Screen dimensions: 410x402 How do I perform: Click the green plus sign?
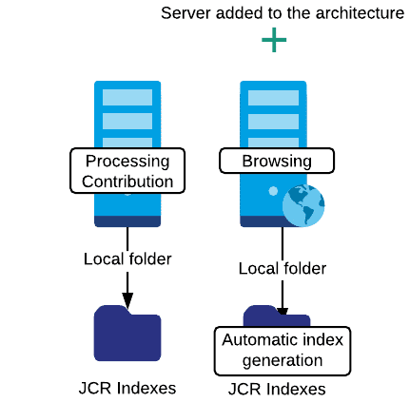click(274, 40)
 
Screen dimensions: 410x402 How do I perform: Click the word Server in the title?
click(185, 13)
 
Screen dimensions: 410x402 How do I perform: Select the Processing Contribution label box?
click(127, 170)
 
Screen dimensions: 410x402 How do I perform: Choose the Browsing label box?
click(277, 161)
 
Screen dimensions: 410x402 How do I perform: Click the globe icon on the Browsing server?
click(303, 205)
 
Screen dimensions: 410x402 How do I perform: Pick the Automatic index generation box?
click(283, 351)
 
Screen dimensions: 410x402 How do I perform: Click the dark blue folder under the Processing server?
click(127, 334)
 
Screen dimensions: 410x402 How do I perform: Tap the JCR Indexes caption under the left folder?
click(127, 388)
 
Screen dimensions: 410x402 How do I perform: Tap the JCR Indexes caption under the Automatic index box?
click(277, 389)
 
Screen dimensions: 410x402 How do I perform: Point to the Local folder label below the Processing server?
click(127, 259)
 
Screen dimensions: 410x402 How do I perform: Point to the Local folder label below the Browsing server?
click(283, 269)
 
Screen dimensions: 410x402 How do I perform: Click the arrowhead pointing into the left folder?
click(127, 300)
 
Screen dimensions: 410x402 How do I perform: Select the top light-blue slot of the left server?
click(127, 97)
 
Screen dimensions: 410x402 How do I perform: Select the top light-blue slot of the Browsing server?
click(273, 98)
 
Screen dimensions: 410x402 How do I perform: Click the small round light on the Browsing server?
click(273, 191)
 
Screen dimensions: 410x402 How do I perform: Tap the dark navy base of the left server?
click(127, 221)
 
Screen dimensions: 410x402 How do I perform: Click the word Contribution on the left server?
click(127, 182)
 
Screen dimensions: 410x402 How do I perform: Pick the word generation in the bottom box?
click(283, 361)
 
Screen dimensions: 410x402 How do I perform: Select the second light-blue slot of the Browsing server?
click(273, 122)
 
